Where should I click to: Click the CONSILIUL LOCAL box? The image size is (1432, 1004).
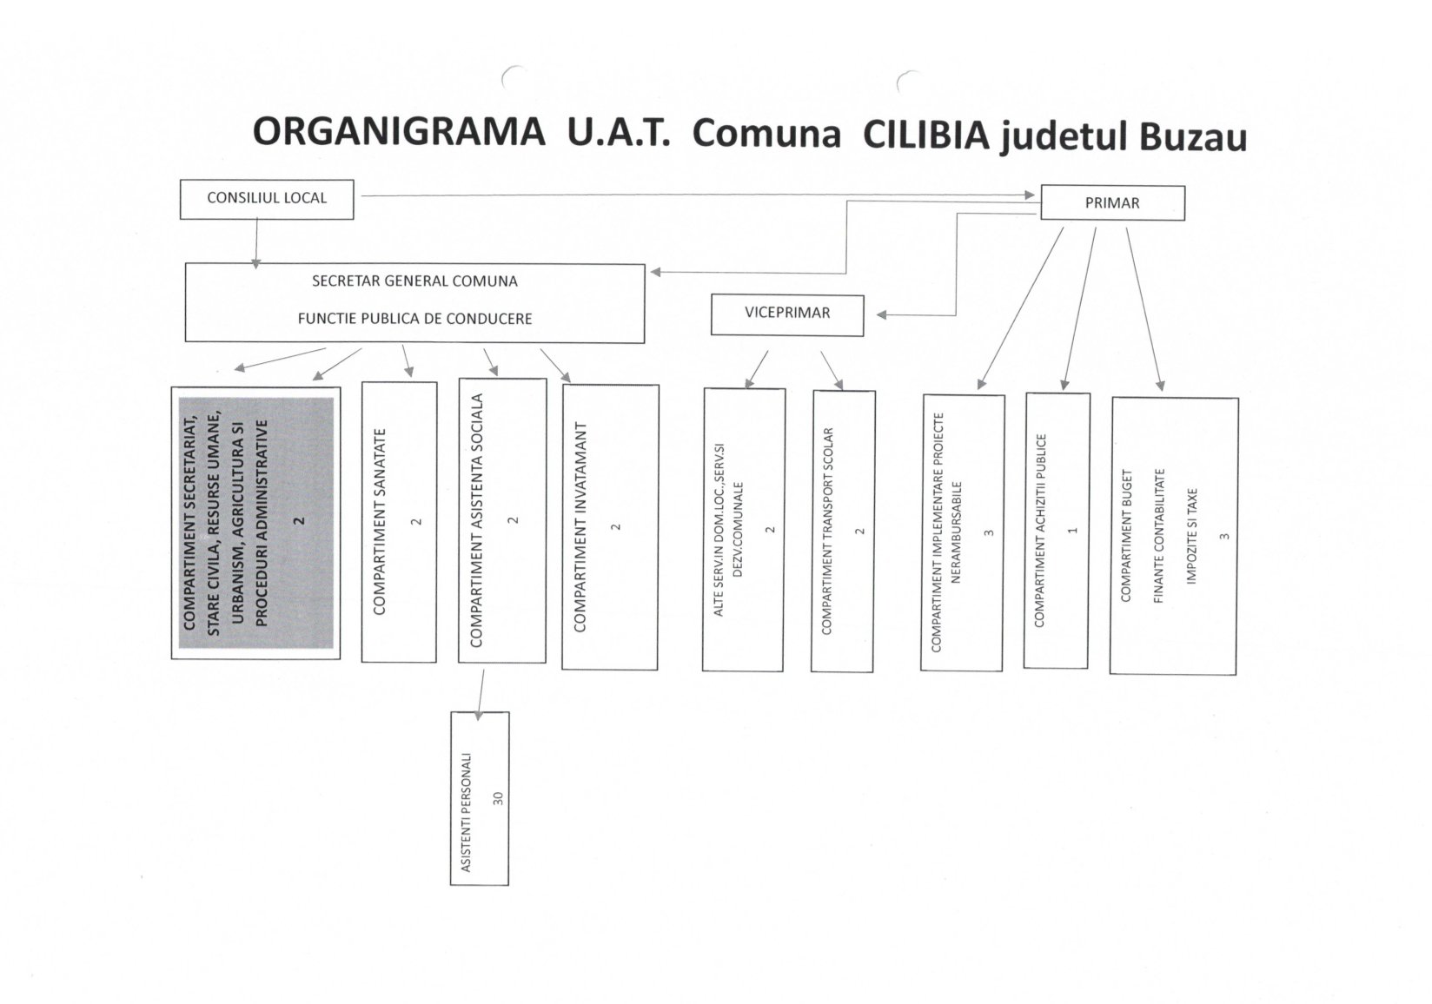(267, 199)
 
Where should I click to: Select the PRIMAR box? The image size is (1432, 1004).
(1112, 202)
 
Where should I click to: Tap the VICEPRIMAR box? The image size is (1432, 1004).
(787, 314)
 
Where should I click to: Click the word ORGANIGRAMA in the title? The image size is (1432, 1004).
(399, 132)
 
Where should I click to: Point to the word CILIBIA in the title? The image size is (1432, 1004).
(926, 135)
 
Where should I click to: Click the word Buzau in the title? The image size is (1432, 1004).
(1193, 138)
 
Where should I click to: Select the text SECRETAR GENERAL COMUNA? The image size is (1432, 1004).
(414, 281)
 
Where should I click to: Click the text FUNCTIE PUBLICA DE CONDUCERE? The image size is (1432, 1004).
(414, 318)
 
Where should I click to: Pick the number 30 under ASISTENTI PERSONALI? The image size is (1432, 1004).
(498, 798)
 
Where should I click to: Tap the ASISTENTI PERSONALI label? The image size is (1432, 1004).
(466, 812)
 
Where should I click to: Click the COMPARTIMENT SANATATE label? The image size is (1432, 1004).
(380, 521)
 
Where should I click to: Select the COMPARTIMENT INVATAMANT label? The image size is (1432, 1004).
(580, 526)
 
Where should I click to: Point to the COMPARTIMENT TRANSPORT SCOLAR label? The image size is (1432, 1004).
(826, 531)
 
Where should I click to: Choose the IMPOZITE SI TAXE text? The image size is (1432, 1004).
(1191, 536)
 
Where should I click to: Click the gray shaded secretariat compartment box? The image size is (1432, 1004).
(255, 523)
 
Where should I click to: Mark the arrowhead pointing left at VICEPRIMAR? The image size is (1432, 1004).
(882, 314)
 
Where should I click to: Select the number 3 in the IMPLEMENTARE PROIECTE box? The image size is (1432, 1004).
(988, 533)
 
